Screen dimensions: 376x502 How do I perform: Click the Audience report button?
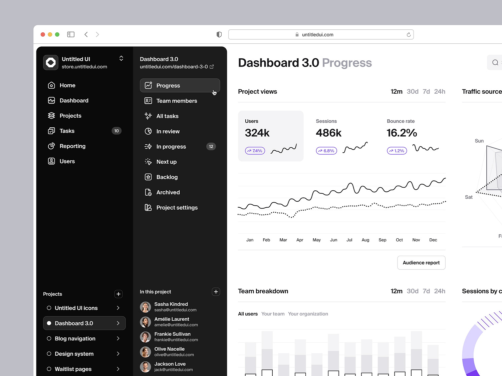421,263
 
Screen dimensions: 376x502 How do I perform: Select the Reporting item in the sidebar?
72,146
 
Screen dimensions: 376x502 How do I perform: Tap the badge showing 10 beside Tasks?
116,131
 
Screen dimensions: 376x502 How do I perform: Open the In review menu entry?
168,131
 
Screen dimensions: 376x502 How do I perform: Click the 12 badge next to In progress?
211,146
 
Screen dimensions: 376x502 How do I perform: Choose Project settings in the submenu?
177,208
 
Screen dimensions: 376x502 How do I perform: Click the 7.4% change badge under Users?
255,151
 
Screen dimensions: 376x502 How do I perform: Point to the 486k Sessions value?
328,133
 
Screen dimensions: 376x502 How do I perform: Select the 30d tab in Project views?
413,91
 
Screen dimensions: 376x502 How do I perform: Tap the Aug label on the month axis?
365,240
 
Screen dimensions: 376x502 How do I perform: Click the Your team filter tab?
273,314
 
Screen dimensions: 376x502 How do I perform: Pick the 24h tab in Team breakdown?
440,291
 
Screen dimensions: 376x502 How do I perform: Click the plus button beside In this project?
216,292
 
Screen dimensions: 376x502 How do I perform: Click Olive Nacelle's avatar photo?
145,352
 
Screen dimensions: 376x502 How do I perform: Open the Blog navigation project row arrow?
118,338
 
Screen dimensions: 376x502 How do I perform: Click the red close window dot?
43,34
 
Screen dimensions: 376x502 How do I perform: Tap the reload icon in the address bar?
409,35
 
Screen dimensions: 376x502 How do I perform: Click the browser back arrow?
86,34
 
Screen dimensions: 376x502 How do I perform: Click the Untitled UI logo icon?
51,62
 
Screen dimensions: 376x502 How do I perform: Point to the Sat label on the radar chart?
469,197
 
